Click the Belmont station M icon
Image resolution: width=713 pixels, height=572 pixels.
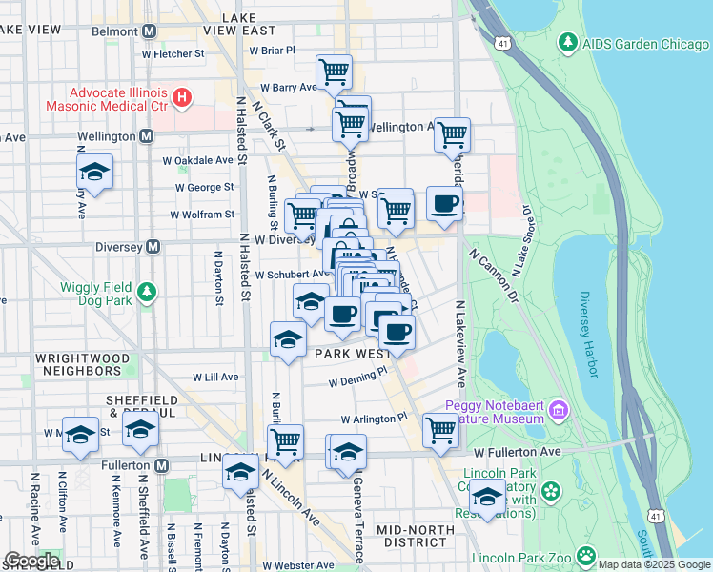point(149,31)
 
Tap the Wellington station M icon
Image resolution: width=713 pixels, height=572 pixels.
point(146,136)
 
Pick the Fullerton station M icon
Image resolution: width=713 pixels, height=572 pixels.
point(161,466)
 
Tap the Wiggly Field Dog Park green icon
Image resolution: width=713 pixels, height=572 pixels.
point(146,291)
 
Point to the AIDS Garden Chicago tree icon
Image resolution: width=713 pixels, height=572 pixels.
point(569,43)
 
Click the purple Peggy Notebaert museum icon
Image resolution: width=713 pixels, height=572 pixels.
point(558,411)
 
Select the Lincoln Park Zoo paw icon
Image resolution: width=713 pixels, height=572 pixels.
point(585,554)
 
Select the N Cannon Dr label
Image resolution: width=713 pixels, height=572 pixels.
point(493,276)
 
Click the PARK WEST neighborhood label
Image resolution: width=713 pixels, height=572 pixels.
point(351,353)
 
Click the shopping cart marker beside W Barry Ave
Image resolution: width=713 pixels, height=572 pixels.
point(335,71)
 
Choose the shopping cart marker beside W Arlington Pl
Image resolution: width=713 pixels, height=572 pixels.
point(440,430)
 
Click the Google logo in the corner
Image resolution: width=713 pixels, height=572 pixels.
point(31,561)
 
